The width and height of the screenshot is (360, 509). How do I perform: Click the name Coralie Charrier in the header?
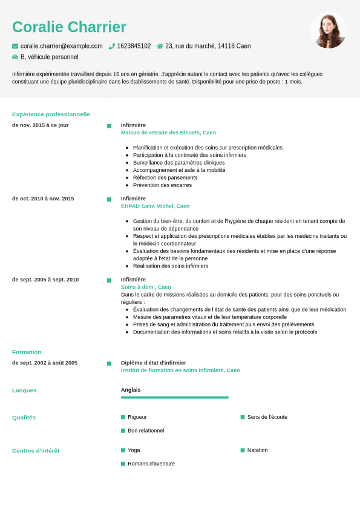[69, 27]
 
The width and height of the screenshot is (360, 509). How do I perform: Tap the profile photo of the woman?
[329, 31]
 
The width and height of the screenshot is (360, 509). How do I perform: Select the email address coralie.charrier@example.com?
[61, 46]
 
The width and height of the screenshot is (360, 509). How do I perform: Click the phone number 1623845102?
[134, 46]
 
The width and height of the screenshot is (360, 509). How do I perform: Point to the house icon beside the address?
[160, 46]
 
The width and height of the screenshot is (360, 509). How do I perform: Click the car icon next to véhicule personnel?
[15, 57]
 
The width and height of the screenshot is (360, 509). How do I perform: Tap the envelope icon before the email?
[15, 46]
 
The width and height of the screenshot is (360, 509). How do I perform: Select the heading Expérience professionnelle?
[51, 114]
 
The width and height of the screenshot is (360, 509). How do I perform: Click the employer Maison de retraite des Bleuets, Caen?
[168, 133]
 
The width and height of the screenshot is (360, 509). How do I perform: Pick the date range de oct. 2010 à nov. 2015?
[43, 199]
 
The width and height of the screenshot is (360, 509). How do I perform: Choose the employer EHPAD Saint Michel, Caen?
[155, 206]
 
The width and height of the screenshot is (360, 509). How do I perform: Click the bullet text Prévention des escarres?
[162, 185]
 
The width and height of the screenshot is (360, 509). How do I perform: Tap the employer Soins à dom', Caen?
[146, 287]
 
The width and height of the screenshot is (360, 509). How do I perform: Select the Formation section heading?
[27, 352]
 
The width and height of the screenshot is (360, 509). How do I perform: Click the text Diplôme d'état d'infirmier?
[154, 363]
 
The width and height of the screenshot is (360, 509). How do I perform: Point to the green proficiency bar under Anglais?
[174, 398]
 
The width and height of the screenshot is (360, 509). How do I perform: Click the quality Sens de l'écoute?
[267, 417]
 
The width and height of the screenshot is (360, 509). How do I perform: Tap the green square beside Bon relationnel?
[123, 430]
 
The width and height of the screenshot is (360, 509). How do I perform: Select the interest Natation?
[257, 450]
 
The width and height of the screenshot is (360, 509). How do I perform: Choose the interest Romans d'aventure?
[151, 464]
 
